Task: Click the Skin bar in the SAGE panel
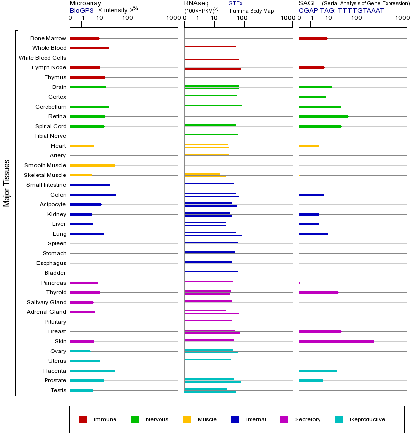pos(337,341)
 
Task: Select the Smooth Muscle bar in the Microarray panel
pos(93,165)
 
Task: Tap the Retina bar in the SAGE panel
pos(324,116)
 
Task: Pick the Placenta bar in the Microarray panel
pos(92,371)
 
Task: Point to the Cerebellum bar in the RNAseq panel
pos(213,105)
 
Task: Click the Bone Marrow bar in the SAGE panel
pos(313,38)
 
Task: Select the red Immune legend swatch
pos(83,419)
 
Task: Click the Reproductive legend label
pos(367,419)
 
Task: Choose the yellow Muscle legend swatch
pos(187,419)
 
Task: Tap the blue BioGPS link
pos(82,10)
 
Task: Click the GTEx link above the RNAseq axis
pos(235,3)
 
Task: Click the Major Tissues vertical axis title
pos(7,183)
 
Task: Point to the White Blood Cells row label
pos(42,58)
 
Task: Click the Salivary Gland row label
pos(46,302)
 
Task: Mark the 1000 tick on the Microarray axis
pos(172,18)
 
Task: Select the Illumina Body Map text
pos(251,10)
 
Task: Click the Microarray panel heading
pos(86,3)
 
